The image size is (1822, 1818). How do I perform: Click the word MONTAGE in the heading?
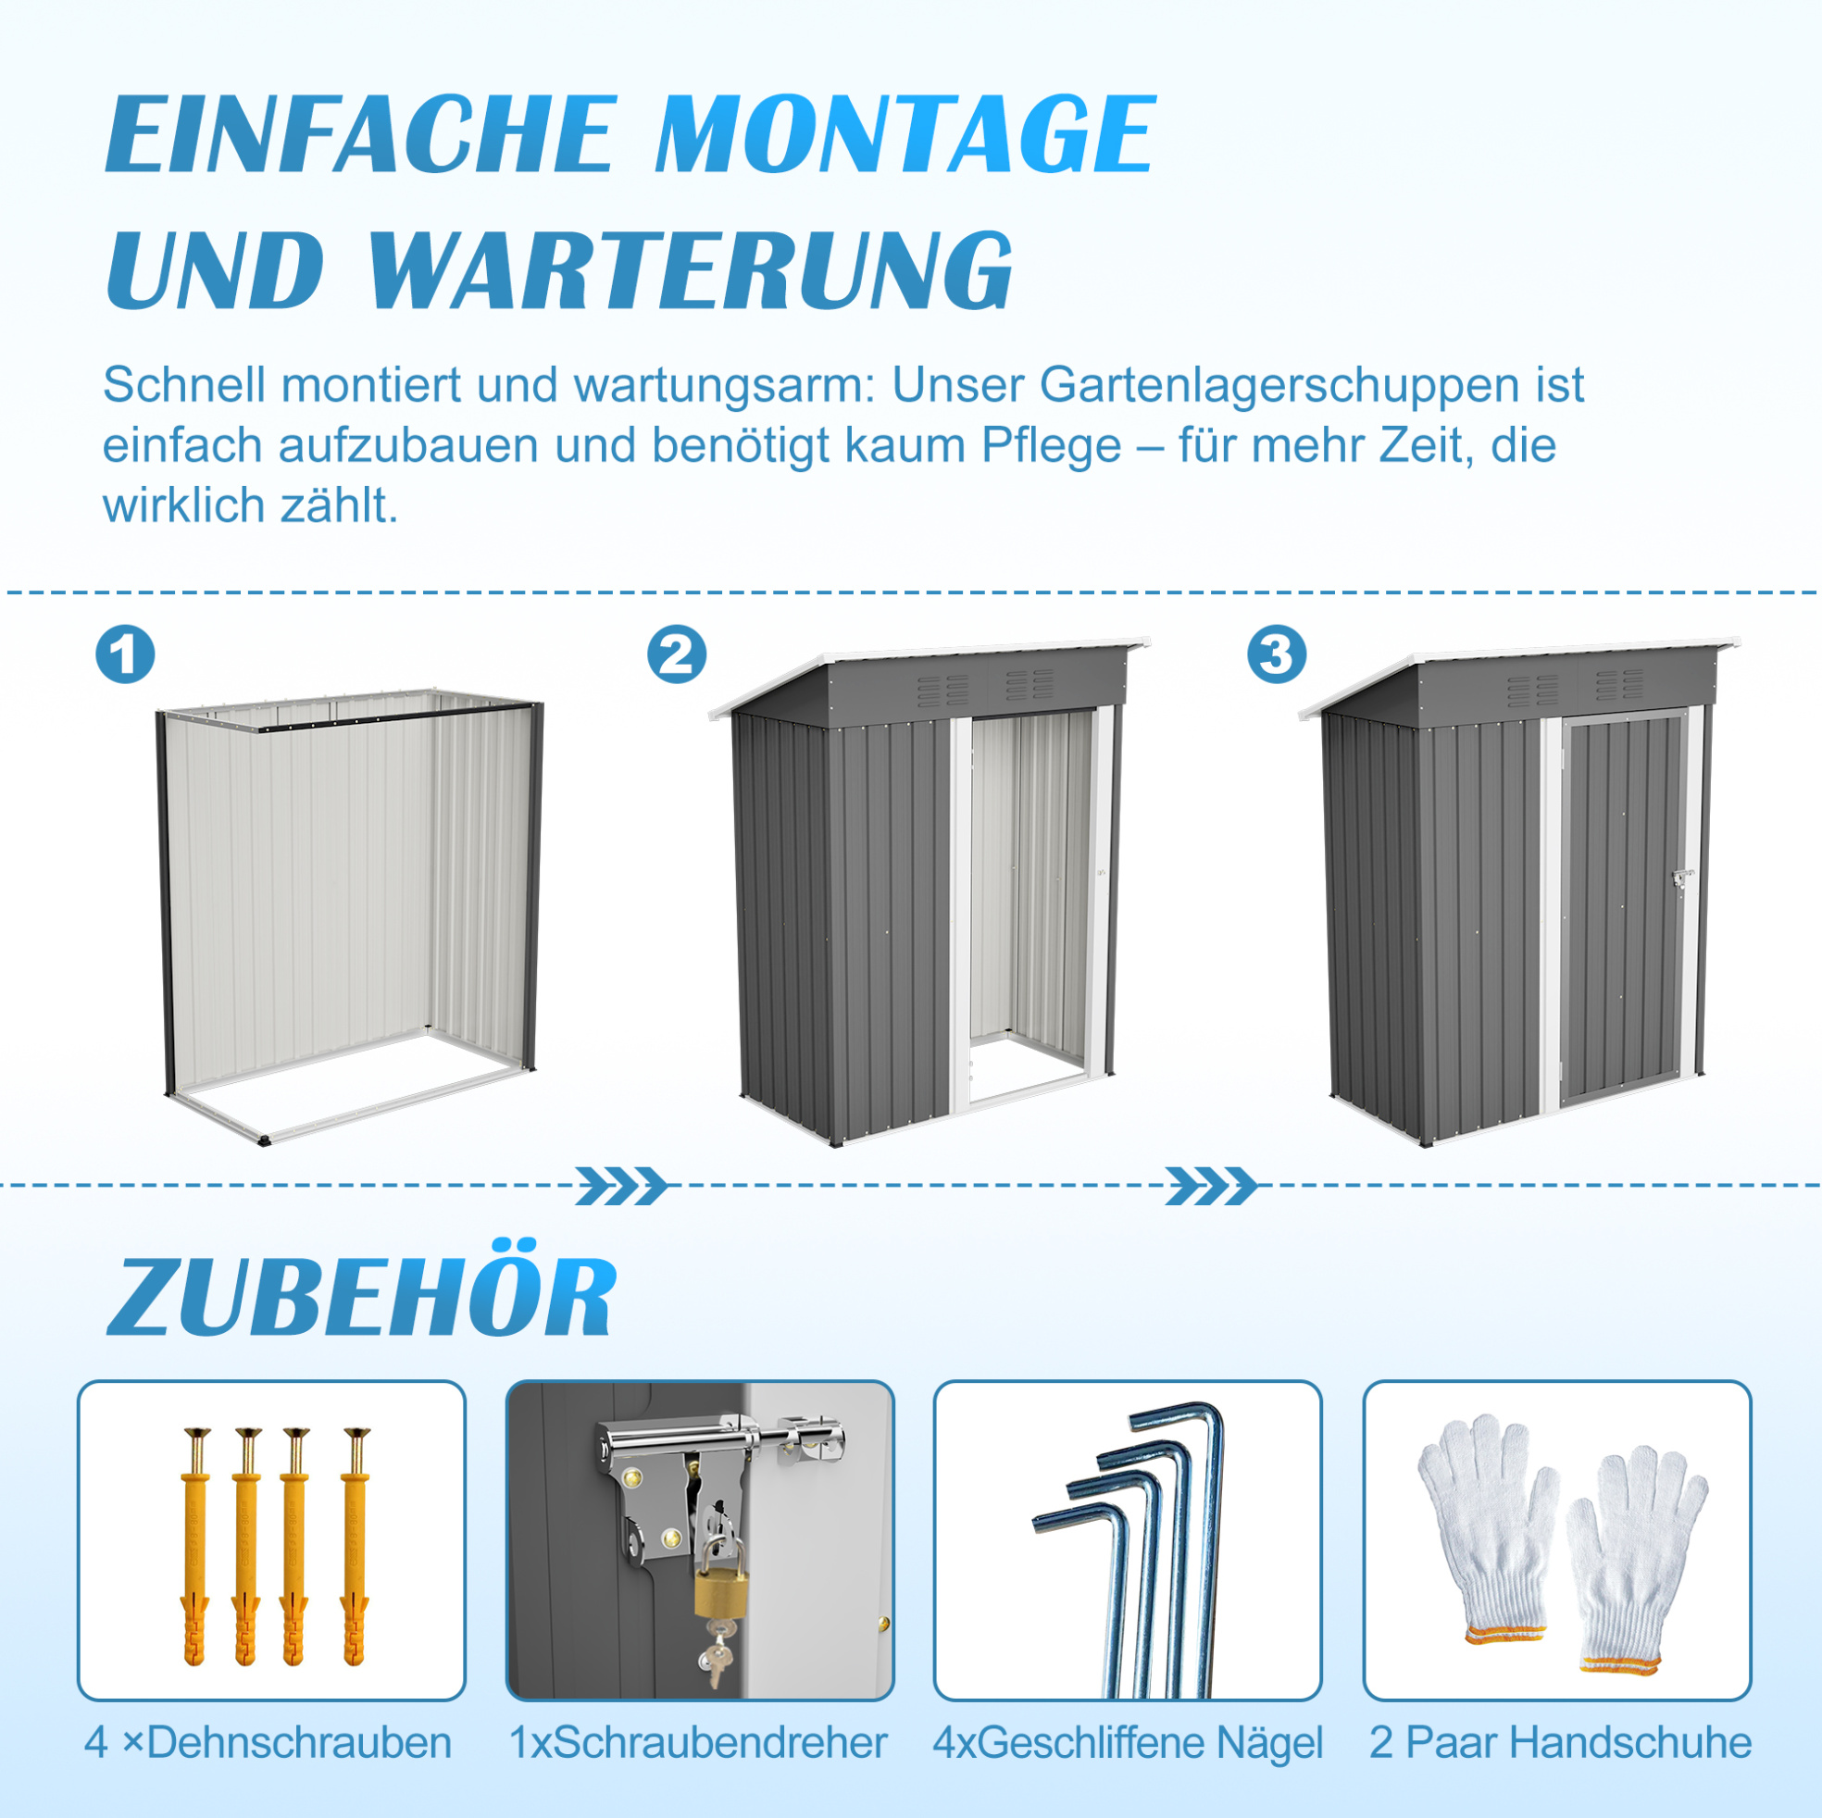[x=905, y=133]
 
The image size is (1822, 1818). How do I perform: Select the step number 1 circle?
[x=125, y=654]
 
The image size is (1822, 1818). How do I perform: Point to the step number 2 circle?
[x=676, y=654]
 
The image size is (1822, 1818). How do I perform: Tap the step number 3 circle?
[x=1277, y=654]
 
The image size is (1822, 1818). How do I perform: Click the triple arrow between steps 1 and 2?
[x=621, y=1186]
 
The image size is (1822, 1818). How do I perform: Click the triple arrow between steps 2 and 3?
[x=1212, y=1186]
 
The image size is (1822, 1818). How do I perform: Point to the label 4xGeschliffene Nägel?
[x=1128, y=1743]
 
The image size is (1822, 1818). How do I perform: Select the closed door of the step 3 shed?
[x=1623, y=911]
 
